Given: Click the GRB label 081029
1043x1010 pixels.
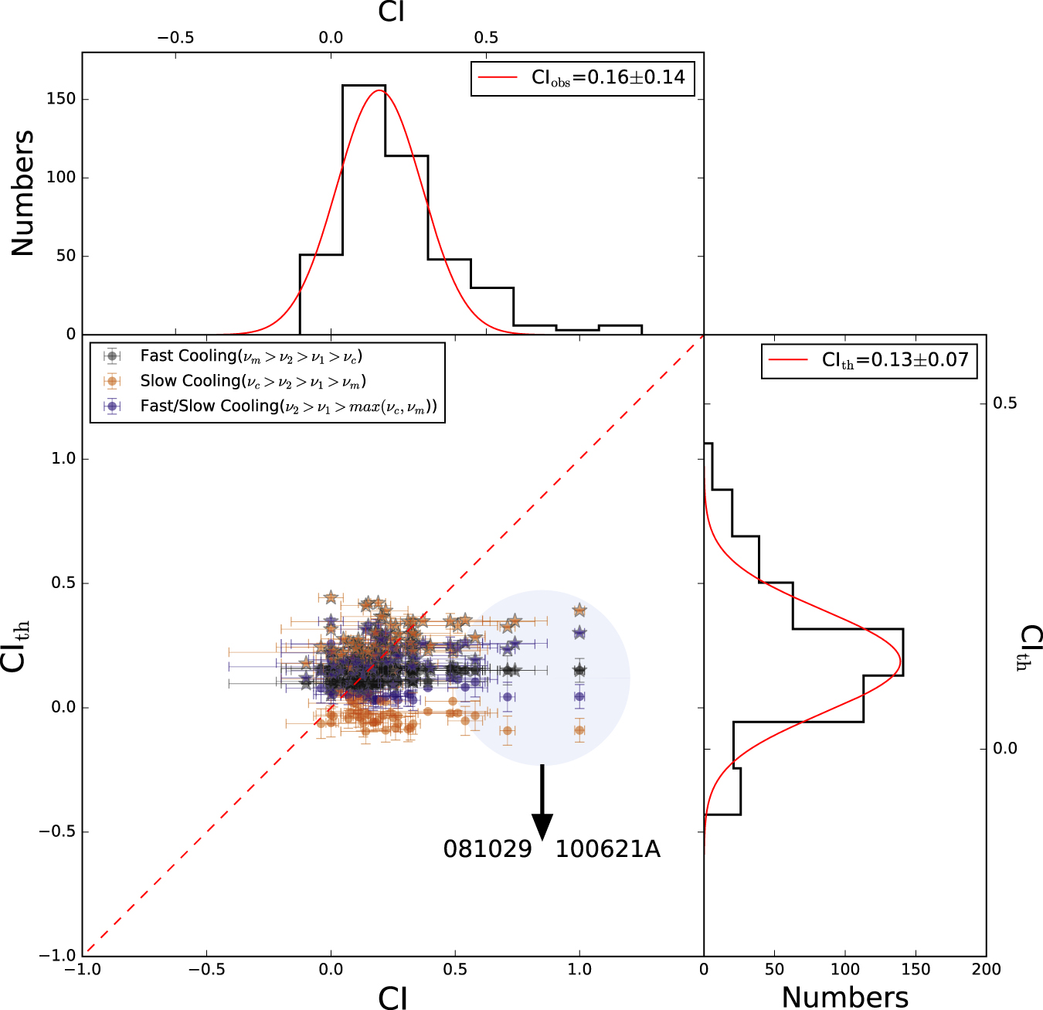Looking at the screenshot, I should pos(488,849).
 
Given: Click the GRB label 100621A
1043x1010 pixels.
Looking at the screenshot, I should pos(608,849).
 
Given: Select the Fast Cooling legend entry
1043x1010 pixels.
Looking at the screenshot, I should pos(251,356).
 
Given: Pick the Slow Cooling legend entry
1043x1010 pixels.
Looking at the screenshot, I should pos(253,381).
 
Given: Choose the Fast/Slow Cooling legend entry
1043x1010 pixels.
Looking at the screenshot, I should pos(288,406).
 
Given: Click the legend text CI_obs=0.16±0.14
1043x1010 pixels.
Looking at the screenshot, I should pos(608,77).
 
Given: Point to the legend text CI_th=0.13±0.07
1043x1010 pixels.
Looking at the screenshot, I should pos(895,360).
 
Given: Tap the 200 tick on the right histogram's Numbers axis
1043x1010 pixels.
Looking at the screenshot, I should pos(987,969).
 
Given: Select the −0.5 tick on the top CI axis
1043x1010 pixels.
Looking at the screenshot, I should pos(175,37).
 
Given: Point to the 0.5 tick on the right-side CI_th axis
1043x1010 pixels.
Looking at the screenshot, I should pos(1005,403).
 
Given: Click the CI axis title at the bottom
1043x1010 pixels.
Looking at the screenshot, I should pos(392,998).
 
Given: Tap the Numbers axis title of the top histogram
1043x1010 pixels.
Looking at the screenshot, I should pos(23,193).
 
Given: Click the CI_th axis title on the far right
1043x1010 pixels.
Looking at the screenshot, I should pos(1031,648).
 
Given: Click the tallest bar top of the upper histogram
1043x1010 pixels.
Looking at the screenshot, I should pos(364,85).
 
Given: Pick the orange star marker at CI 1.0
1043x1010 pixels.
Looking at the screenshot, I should pos(579,610).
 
